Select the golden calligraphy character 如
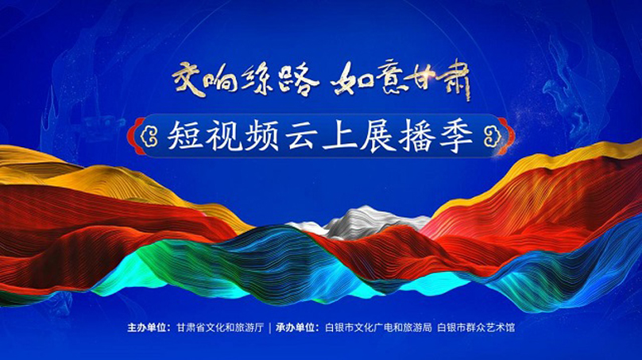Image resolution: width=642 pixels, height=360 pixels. (x=351, y=79)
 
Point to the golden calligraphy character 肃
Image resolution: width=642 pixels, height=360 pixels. (x=454, y=79)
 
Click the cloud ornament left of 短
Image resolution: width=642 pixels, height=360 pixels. (x=149, y=137)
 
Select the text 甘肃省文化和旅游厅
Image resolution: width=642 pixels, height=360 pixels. (x=220, y=328)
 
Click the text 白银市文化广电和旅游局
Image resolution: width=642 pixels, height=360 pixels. (x=378, y=328)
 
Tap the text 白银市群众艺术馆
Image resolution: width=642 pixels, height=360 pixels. (x=476, y=328)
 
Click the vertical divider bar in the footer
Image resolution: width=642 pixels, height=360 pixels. (x=269, y=328)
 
